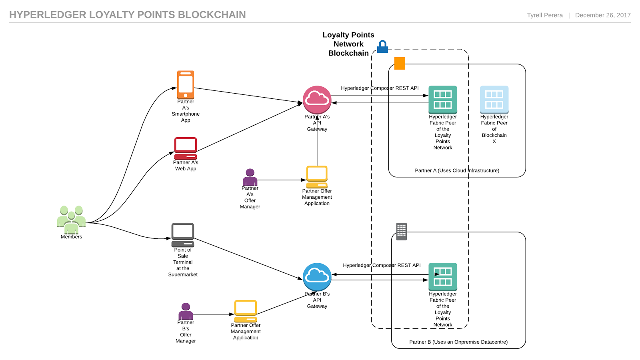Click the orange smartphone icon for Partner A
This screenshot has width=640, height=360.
tap(186, 84)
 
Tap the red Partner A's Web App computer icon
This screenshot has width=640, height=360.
tap(186, 148)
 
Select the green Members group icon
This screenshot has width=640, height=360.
tap(71, 220)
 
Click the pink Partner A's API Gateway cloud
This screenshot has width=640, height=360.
tap(317, 100)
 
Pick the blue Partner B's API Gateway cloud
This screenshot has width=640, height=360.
tap(317, 277)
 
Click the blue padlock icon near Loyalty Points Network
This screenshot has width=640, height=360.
tap(383, 47)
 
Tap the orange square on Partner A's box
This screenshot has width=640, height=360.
tap(400, 63)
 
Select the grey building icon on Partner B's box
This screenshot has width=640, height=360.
tap(401, 231)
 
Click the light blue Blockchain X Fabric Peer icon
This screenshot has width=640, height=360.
tap(494, 99)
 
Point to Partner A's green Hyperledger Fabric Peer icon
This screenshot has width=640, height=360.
tap(443, 99)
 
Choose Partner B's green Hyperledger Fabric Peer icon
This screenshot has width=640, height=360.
tap(443, 276)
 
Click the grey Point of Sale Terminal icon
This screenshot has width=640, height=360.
tap(183, 235)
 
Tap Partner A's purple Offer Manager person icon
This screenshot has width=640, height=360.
tap(250, 177)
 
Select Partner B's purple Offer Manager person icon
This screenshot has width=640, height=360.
tap(186, 311)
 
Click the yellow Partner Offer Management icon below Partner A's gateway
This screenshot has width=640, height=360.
tap(317, 177)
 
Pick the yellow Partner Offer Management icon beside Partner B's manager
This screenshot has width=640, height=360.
tap(246, 311)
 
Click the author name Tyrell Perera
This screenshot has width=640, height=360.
tap(544, 15)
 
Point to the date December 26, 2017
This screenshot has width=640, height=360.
tap(602, 15)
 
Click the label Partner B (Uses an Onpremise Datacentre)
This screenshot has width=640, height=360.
tap(458, 342)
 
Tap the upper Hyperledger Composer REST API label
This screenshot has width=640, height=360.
tap(380, 88)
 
